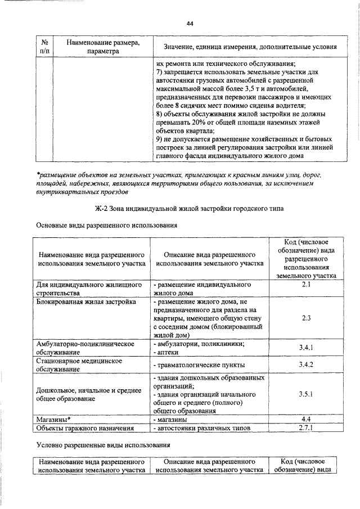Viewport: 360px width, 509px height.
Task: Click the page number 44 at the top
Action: [190, 23]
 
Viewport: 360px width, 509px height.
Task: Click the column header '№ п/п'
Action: [43, 47]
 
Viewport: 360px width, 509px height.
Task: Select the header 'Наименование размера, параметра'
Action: [103, 47]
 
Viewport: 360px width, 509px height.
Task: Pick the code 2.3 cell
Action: [307, 318]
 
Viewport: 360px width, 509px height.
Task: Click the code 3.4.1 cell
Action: [307, 348]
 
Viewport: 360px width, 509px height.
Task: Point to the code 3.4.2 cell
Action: [307, 365]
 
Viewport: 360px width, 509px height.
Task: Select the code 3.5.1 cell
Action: [307, 394]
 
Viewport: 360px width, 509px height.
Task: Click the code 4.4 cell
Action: [307, 420]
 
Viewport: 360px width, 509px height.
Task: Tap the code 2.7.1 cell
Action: [307, 428]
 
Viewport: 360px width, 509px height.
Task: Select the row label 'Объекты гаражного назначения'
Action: [84, 428]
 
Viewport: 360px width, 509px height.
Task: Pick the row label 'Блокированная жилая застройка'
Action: [85, 302]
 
